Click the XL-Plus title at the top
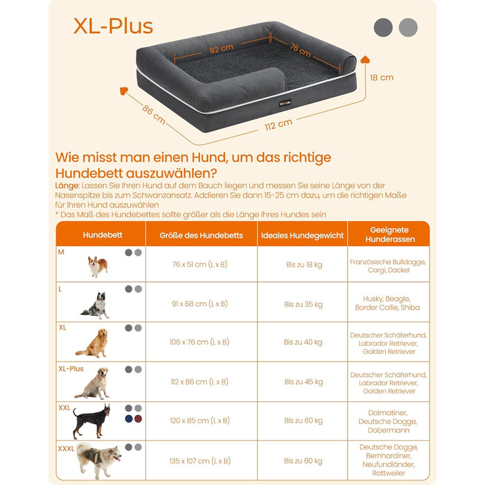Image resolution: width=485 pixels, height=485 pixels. [113, 26]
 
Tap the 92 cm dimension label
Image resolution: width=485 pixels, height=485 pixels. [221, 49]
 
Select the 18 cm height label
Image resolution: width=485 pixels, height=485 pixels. [382, 78]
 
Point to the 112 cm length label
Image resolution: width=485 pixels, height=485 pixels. [279, 124]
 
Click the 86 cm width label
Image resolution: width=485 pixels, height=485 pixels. [154, 114]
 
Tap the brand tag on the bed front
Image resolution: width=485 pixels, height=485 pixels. [285, 103]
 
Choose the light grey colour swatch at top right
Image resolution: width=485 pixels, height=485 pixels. [408, 28]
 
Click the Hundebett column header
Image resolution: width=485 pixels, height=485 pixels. [103, 235]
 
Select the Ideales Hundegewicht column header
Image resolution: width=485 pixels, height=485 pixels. [302, 236]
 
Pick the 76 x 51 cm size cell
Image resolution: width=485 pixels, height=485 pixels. [200, 265]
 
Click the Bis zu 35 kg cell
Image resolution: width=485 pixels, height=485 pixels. [303, 304]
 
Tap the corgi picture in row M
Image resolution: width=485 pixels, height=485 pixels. [98, 266]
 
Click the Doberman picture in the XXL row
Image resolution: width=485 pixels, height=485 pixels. [91, 421]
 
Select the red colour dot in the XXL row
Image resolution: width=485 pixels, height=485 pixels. [139, 418]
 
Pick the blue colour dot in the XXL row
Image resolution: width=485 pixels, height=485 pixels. [129, 418]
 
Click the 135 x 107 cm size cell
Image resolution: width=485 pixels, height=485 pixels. [200, 461]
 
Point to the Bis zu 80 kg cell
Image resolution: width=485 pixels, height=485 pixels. [303, 461]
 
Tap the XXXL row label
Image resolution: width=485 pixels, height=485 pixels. [66, 448]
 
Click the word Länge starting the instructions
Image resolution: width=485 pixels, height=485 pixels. [67, 186]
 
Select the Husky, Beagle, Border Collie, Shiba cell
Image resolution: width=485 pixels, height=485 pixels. [387, 303]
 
